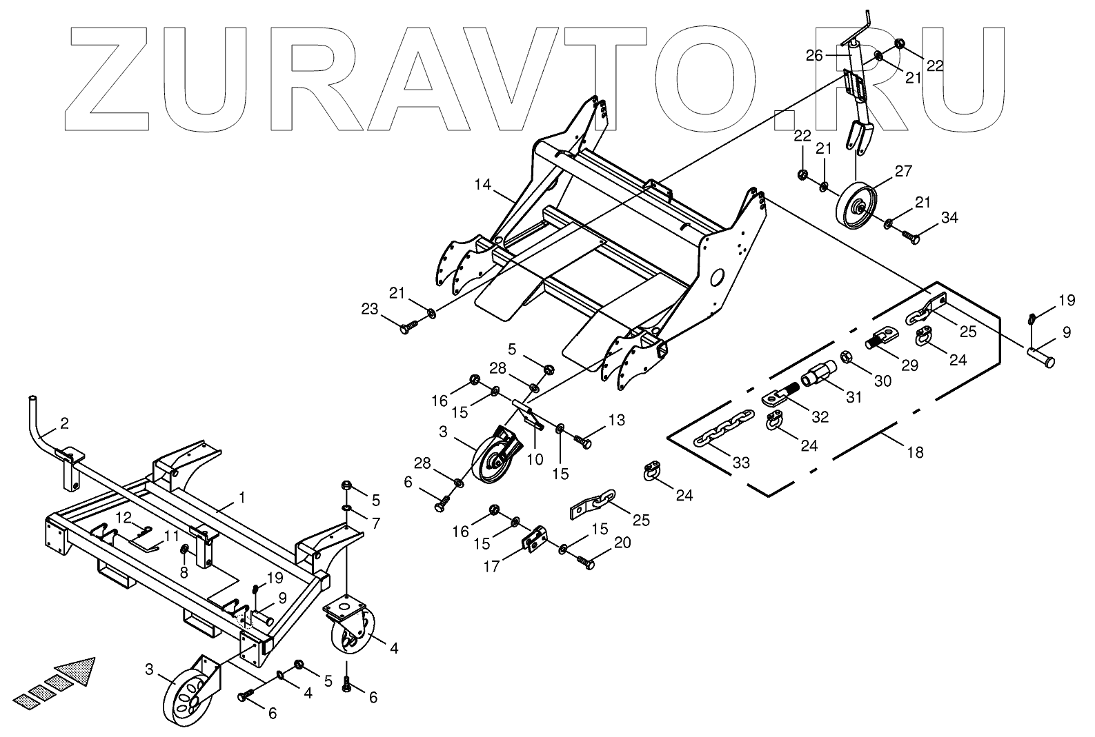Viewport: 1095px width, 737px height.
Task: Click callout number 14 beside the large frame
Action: [x=483, y=185]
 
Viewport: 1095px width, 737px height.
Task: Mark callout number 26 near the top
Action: [x=815, y=55]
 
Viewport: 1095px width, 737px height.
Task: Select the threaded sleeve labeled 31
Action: [x=818, y=378]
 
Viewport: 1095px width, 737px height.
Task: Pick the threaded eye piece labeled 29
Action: [x=880, y=339]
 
